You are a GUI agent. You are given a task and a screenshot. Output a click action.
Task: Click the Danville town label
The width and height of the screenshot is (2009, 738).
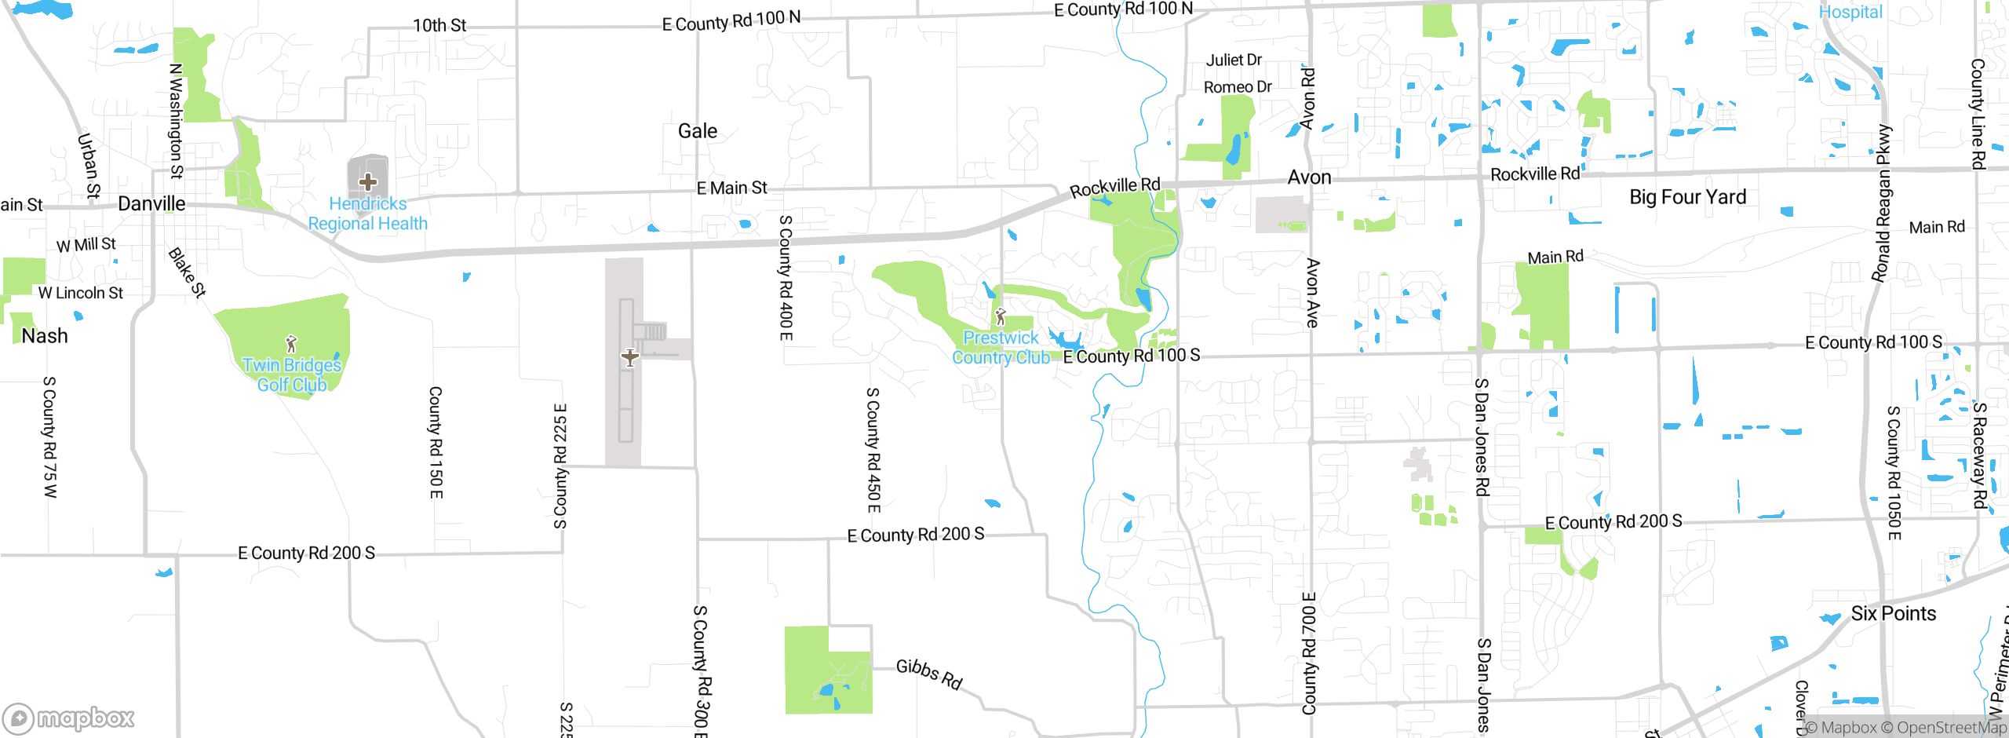151,204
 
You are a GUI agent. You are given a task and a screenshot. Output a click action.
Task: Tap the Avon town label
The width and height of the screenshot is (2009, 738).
1309,178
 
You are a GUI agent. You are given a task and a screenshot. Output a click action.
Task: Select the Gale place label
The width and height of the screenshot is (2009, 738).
698,131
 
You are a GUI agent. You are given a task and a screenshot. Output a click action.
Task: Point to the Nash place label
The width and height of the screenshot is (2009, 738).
45,336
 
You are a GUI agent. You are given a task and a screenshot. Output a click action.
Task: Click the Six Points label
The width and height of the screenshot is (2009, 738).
1893,614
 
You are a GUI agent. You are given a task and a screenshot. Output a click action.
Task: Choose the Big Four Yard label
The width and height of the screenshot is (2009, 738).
1687,197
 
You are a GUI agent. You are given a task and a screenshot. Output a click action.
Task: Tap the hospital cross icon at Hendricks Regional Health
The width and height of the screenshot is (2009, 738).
367,182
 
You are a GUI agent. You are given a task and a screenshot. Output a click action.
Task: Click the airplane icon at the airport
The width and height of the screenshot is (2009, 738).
629,358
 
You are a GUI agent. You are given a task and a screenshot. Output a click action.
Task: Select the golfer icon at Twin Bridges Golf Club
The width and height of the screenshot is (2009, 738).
291,344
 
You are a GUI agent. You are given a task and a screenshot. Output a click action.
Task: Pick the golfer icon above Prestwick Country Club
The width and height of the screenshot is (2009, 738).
1000,317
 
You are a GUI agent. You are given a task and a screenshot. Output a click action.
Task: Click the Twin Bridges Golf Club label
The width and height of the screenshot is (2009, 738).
292,375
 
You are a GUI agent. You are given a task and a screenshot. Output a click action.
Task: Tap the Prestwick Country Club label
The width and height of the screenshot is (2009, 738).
1001,348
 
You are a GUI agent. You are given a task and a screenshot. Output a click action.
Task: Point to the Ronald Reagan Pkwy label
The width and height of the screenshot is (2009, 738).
1882,203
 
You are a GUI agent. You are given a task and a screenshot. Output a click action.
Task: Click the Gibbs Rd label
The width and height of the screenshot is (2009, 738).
929,673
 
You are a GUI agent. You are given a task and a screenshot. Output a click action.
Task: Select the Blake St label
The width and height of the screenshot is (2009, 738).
187,272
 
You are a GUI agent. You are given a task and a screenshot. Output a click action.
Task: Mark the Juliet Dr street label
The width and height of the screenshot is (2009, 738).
1234,60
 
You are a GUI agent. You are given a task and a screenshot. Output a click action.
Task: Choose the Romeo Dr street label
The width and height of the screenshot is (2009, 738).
1238,87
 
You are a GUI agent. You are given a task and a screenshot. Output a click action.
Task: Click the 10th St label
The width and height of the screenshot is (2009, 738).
439,26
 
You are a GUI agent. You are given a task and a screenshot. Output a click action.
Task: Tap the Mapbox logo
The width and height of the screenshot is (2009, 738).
69,718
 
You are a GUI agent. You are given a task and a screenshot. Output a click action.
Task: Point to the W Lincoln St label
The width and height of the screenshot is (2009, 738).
81,294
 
